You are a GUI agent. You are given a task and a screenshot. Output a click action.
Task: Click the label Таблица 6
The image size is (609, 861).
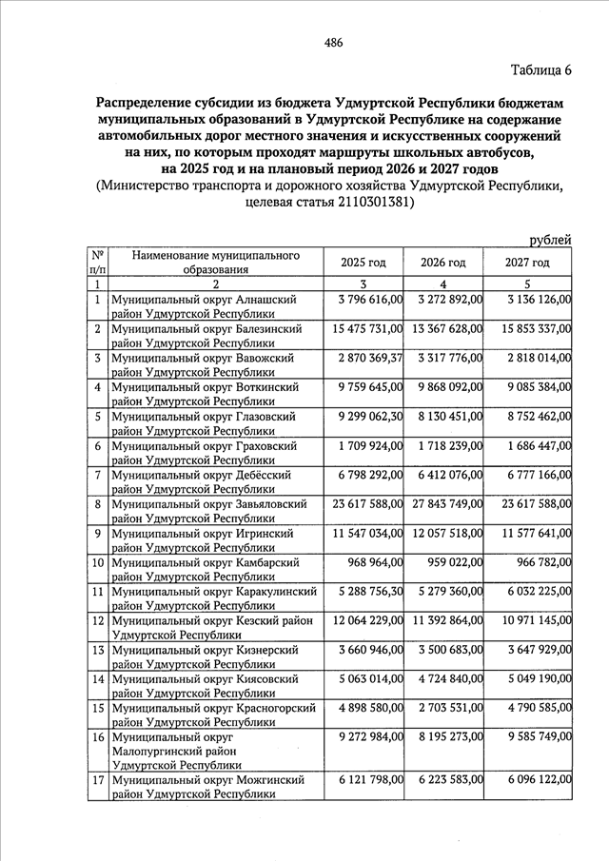coord(540,71)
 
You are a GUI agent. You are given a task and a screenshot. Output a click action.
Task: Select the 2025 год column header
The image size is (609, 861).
coord(363,263)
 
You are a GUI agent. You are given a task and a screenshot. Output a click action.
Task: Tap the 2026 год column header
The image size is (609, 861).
coord(443,263)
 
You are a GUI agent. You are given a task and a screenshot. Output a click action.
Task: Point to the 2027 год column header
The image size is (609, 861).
coord(528,263)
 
